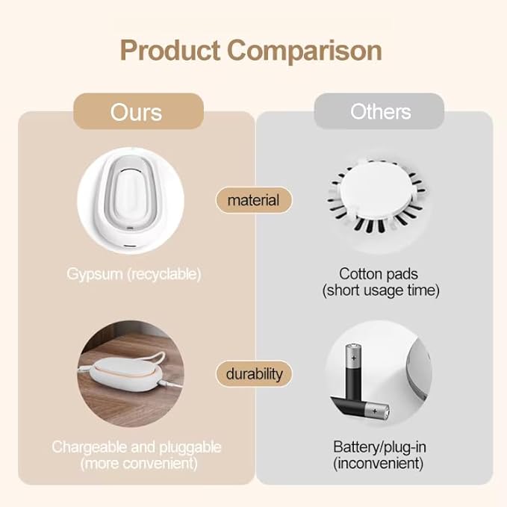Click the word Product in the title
pyautogui.click(x=170, y=51)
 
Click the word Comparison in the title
pyautogui.click(x=305, y=51)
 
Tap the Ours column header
pyautogui.click(x=137, y=112)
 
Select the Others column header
pyautogui.click(x=381, y=112)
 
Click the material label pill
pyautogui.click(x=253, y=200)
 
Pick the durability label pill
pyautogui.click(x=254, y=373)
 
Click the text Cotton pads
pyautogui.click(x=380, y=273)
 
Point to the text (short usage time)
pyautogui.click(x=380, y=290)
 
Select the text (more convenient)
pyautogui.click(x=137, y=464)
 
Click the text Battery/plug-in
pyautogui.click(x=380, y=447)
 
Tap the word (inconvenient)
pyautogui.click(x=380, y=464)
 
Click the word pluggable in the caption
pyautogui.click(x=190, y=447)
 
